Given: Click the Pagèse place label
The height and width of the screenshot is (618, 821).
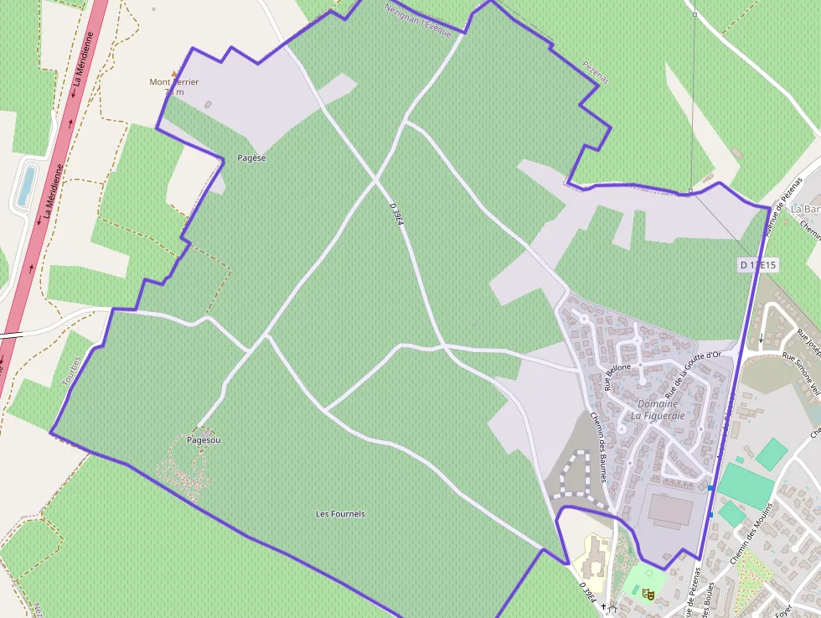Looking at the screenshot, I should click(251, 158).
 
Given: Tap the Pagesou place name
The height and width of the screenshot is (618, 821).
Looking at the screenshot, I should click(204, 439).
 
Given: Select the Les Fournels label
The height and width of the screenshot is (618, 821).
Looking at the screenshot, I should click(340, 514).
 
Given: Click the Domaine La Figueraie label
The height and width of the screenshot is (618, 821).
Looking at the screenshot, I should click(658, 409).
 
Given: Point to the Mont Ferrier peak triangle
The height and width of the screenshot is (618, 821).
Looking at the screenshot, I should click(174, 73).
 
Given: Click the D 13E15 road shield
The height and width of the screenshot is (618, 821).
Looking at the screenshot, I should click(758, 265).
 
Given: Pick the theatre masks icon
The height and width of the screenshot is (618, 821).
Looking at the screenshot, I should click(647, 594).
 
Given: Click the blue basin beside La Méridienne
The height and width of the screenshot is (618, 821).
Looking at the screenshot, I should click(26, 186).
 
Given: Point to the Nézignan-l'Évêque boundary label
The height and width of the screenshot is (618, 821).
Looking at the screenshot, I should click(418, 21).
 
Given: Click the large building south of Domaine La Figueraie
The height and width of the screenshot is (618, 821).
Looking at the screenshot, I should click(672, 511).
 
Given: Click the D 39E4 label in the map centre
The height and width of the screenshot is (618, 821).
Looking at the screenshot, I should click(398, 219).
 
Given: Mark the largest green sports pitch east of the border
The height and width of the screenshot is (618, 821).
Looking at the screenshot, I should click(744, 486).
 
